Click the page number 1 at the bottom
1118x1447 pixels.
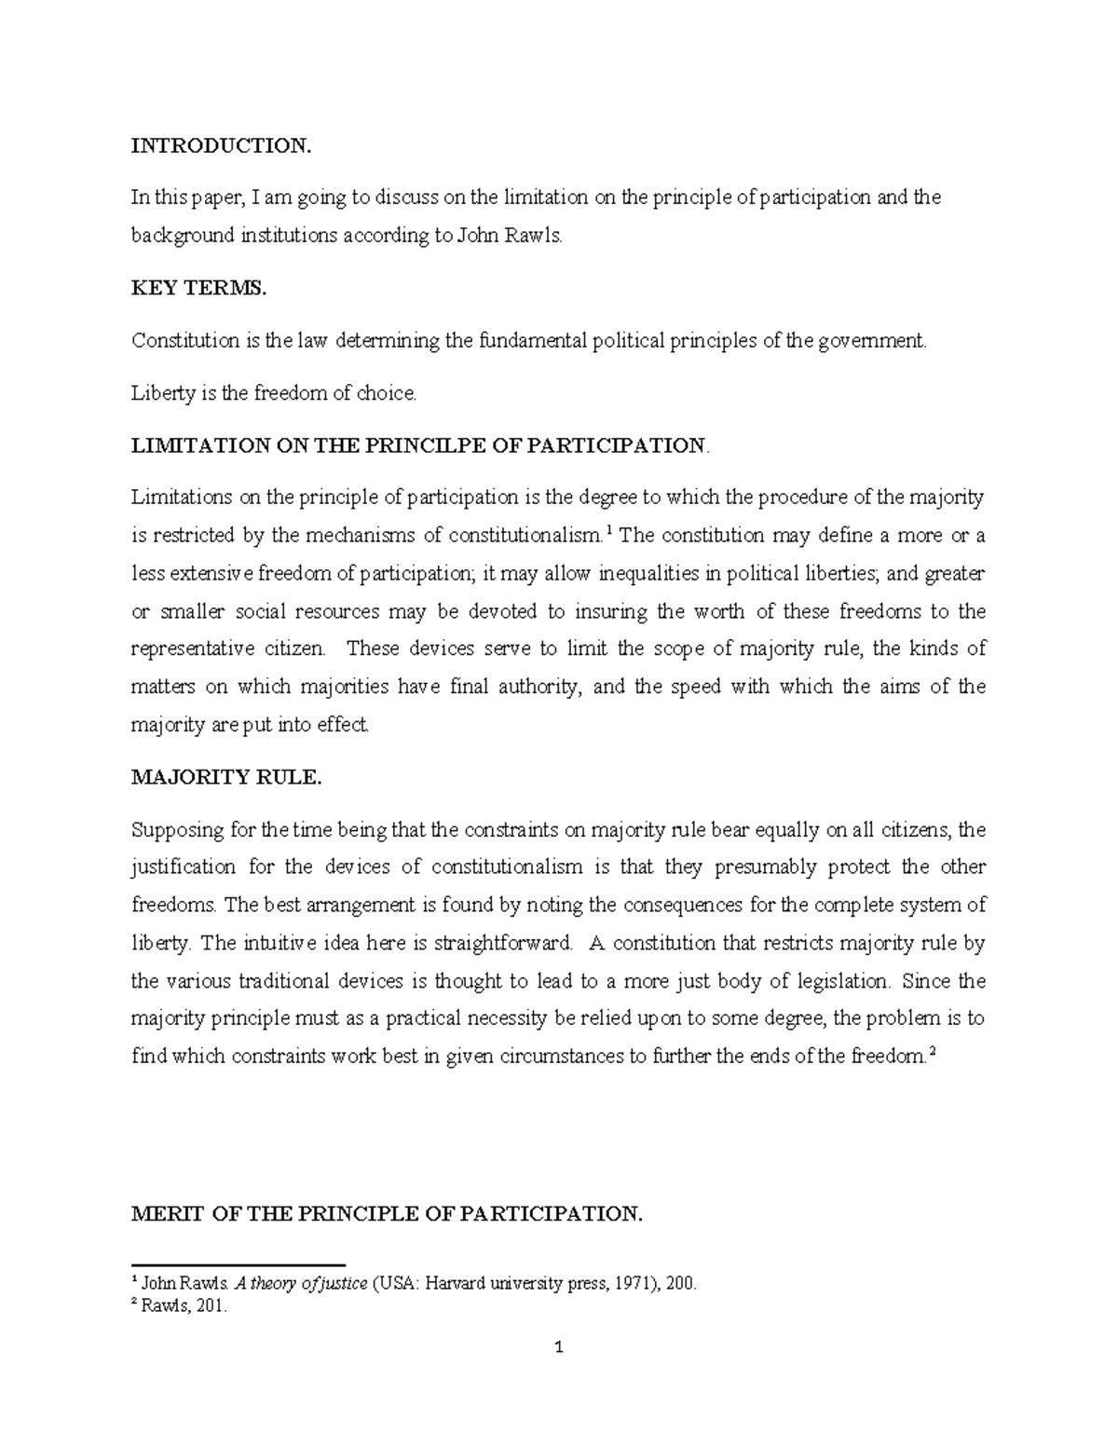pyautogui.click(x=559, y=1347)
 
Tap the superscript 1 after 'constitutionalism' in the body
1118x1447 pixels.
pyautogui.click(x=608, y=531)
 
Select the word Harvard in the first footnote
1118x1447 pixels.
pyautogui.click(x=454, y=1284)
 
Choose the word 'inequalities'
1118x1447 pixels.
pyautogui.click(x=647, y=574)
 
